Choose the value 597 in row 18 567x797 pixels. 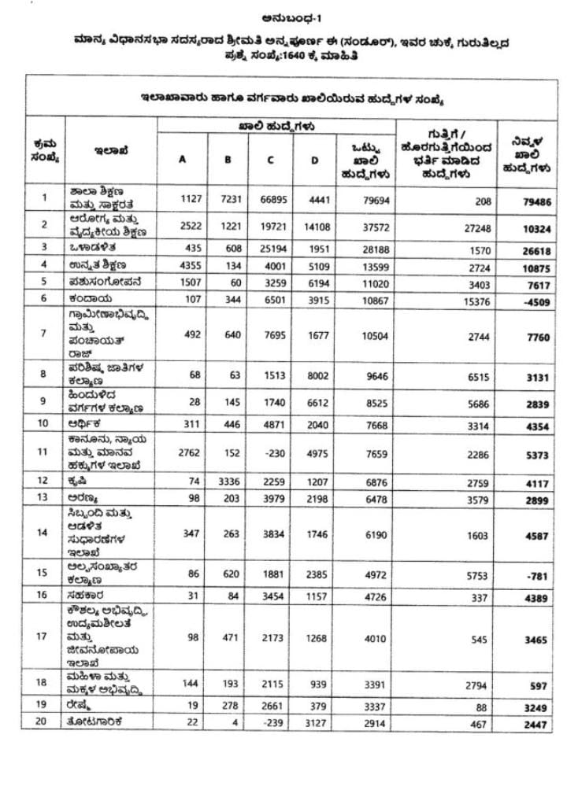coord(539,685)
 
